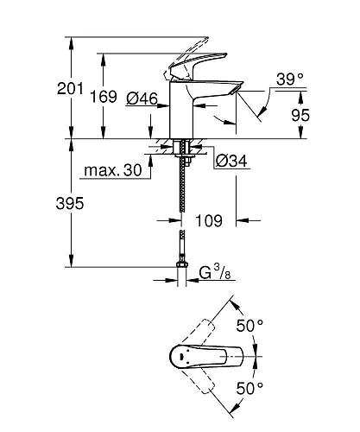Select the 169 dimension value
pos(128,96)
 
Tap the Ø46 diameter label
pos(140,100)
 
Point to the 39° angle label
pos(289,80)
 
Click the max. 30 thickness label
pos(112,170)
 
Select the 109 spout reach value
pos(208,220)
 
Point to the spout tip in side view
pos(235,91)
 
